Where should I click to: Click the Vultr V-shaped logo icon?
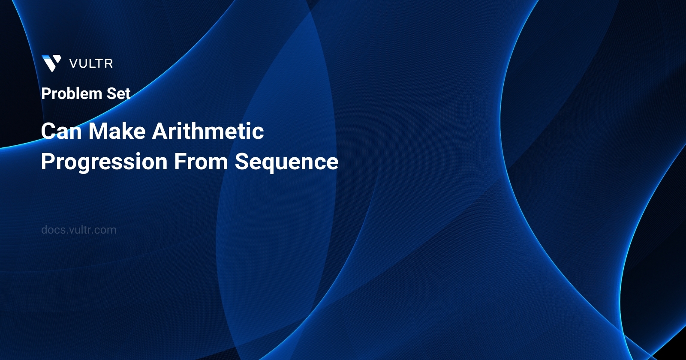(51, 63)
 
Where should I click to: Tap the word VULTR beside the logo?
(91, 64)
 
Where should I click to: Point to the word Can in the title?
(61, 131)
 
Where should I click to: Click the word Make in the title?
(117, 131)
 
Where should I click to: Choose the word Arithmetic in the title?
(208, 131)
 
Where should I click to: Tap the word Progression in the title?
(104, 162)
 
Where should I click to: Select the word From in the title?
(201, 162)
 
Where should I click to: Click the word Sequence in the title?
(286, 162)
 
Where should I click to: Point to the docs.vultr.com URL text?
(78, 230)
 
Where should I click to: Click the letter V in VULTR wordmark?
(74, 64)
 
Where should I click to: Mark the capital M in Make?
(97, 131)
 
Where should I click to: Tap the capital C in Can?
(49, 131)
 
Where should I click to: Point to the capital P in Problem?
(46, 93)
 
